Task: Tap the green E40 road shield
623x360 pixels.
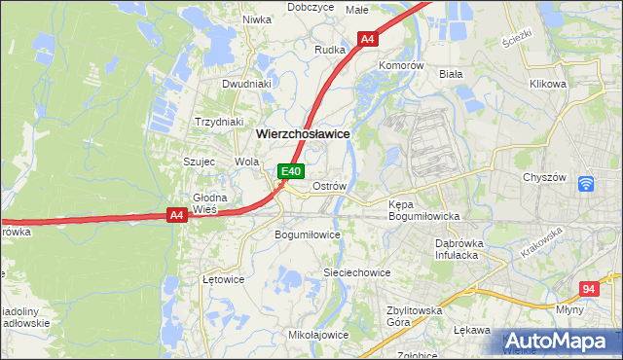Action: coord(289,171)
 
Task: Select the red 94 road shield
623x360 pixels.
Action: coord(588,289)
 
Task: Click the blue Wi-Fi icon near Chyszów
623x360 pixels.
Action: coord(585,183)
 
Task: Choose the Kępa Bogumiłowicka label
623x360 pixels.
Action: coord(423,210)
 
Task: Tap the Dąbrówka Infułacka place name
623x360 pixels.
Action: coord(464,248)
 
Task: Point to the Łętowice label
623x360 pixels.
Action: coord(222,279)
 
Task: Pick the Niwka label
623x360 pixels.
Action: coord(256,18)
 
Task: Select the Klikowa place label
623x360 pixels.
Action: coord(548,84)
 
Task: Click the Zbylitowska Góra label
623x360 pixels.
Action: coord(412,314)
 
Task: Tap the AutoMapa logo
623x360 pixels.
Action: coord(561,342)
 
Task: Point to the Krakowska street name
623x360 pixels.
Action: coord(542,242)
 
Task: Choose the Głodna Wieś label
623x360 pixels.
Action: coord(209,203)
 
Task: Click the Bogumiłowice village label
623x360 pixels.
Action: coord(308,234)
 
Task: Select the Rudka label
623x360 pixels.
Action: coord(330,49)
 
